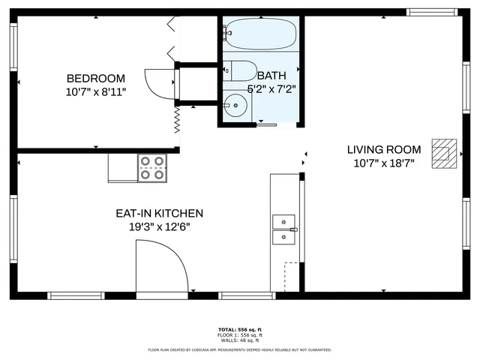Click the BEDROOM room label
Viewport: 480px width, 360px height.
95,79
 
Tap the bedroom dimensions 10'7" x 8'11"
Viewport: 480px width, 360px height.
95,91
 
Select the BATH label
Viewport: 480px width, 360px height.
271,76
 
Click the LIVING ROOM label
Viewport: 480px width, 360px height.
383,149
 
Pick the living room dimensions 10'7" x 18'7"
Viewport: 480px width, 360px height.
383,162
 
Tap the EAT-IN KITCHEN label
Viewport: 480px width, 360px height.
158,214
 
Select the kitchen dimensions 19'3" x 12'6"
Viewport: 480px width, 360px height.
158,226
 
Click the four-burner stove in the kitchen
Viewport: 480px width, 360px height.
152,168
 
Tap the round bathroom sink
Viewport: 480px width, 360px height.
237,106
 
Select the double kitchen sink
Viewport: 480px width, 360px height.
283,229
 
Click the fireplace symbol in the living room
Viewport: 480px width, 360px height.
444,154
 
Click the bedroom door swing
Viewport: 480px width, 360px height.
159,82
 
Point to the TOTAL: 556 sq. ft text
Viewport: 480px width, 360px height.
239,330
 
